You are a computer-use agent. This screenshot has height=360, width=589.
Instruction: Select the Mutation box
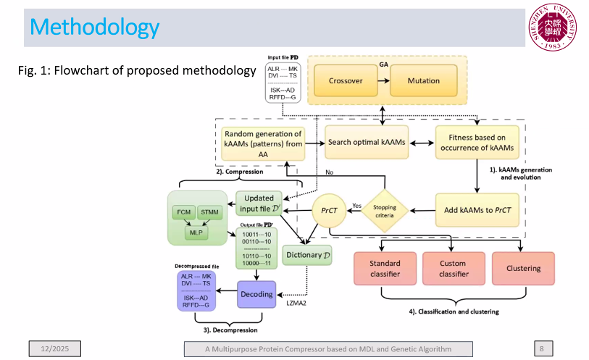423,81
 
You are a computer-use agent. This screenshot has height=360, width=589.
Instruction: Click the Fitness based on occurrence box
476,142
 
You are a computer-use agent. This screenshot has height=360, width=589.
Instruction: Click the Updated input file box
258,205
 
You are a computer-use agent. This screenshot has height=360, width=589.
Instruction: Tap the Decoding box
256,294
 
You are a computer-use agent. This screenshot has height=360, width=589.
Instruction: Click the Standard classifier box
384,268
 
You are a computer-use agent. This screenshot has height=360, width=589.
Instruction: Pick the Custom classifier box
454,268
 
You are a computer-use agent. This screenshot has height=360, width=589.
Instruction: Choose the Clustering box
523,268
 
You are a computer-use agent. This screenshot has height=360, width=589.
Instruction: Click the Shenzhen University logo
553,28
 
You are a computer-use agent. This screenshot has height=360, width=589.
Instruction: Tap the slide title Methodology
95,28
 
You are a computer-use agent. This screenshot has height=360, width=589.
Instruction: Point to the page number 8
542,349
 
